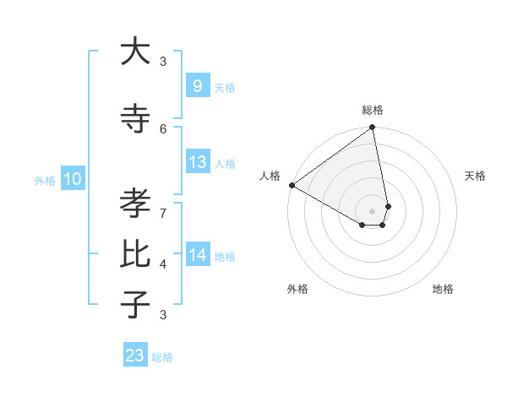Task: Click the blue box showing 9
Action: click(x=197, y=86)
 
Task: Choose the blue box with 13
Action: click(x=197, y=162)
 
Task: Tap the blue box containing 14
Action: click(x=197, y=255)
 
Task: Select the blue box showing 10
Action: click(x=73, y=179)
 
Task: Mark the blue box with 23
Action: click(x=135, y=356)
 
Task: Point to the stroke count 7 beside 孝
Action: click(x=163, y=212)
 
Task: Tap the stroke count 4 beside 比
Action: click(x=163, y=264)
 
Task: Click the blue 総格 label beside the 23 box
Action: click(x=162, y=357)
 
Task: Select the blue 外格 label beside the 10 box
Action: click(x=45, y=180)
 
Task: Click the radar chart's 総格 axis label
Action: click(x=373, y=110)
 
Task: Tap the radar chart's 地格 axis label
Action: click(x=443, y=289)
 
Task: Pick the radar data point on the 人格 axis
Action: click(x=292, y=185)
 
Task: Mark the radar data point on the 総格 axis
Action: click(x=373, y=128)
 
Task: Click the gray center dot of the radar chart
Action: click(x=373, y=210)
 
